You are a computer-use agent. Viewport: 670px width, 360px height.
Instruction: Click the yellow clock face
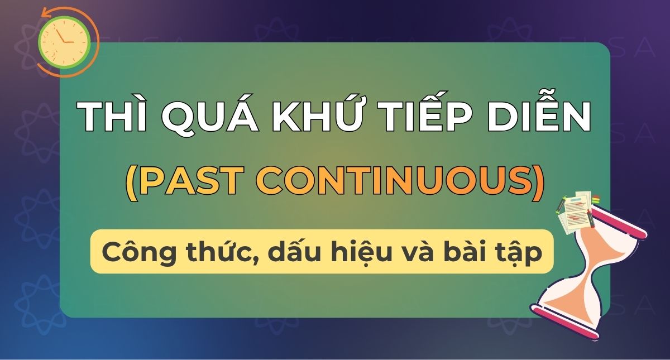64,41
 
